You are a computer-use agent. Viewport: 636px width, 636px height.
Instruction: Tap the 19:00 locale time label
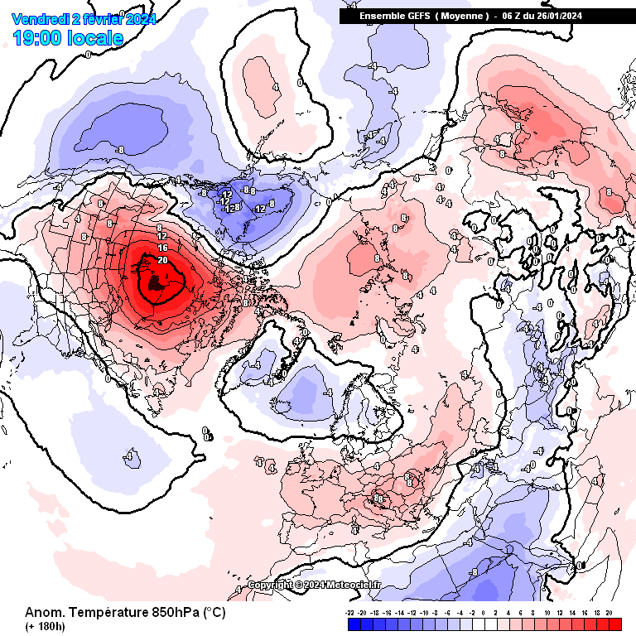69,37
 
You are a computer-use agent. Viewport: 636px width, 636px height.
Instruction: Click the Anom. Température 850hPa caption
124,613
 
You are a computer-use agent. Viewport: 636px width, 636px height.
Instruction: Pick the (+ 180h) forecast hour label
45,626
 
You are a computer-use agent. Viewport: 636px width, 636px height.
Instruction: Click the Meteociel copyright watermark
315,585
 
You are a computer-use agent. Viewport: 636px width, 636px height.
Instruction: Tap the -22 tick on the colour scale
351,614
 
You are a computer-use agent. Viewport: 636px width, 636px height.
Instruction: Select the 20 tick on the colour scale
609,614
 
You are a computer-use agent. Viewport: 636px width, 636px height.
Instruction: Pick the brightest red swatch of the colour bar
614,624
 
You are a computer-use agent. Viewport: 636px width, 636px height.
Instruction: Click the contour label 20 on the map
162,259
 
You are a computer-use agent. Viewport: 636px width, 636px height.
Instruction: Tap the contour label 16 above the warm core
162,248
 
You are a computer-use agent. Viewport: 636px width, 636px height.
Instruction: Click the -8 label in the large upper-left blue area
120,150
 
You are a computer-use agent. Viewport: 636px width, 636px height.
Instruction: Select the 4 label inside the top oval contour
275,86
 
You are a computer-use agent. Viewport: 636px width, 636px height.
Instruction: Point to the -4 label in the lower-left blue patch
128,455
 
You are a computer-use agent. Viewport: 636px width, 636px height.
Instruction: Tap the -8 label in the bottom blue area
473,571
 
